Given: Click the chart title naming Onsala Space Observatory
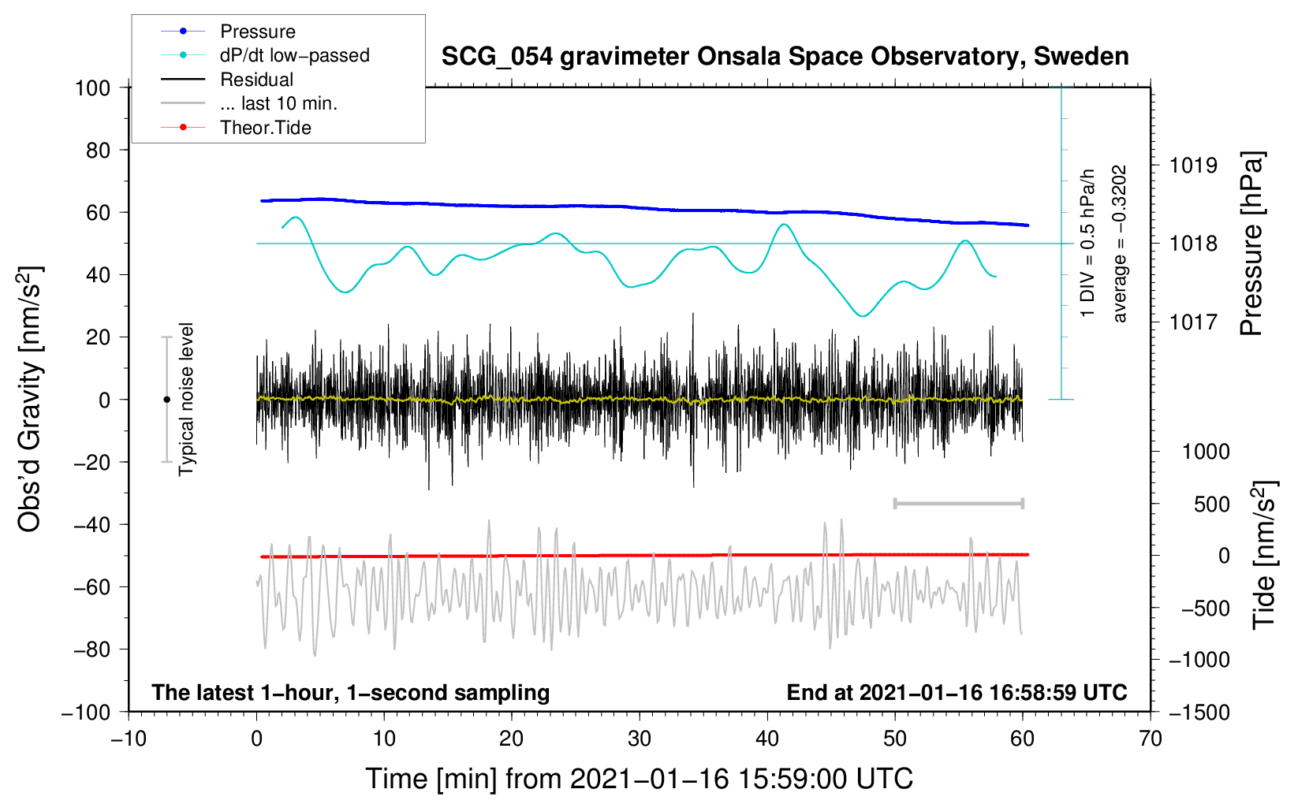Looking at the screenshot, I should (x=785, y=57).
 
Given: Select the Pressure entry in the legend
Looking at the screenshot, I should (x=257, y=32).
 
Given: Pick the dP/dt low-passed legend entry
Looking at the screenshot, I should (x=294, y=55).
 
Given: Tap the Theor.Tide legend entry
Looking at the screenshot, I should (x=265, y=128).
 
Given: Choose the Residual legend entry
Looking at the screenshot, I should (x=256, y=80).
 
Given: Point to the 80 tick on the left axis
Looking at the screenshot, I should (x=98, y=150).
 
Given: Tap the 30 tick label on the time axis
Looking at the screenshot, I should (x=640, y=739).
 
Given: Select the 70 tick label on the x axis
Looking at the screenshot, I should (x=1151, y=739).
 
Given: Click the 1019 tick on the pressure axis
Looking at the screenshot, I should (x=1193, y=166).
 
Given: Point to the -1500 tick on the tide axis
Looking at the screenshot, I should (x=1199, y=712).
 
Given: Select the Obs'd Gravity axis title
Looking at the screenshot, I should (x=29, y=400).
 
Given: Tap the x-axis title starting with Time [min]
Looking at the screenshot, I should (x=639, y=779).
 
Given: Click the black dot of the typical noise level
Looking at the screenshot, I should (x=166, y=400).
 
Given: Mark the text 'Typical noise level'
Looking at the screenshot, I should (x=186, y=399).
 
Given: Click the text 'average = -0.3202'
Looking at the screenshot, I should (x=1120, y=244).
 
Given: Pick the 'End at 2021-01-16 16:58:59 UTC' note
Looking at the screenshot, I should (x=957, y=692).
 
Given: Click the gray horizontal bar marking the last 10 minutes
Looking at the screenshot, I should (x=958, y=503).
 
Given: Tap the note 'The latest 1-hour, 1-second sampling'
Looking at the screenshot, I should (x=351, y=692).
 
